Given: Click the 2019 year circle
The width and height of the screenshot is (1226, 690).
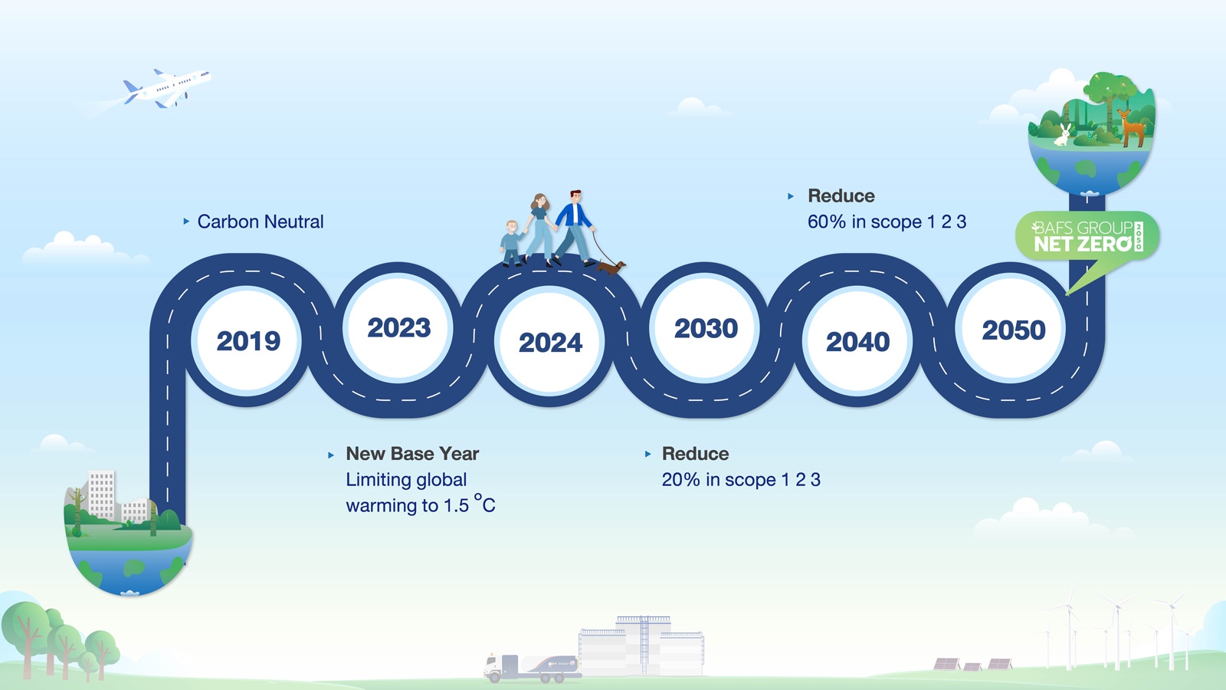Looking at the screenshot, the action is [247, 340].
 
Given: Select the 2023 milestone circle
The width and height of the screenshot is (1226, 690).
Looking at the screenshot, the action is [398, 327].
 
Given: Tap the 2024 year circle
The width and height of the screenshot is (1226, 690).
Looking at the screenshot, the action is [550, 340].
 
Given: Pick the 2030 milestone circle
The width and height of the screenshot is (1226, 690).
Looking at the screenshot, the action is [706, 327].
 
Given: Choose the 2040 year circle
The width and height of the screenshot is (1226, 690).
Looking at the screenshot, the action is [857, 340].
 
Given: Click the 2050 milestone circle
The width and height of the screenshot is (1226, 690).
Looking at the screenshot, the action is [1012, 328].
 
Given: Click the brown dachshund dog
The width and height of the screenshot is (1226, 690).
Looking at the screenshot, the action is [611, 268].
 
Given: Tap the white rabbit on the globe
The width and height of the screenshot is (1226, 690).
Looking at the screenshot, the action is [1064, 135].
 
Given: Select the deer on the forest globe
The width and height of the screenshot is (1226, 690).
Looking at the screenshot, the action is [1132, 128].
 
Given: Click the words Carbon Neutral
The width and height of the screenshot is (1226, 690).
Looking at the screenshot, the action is [261, 222].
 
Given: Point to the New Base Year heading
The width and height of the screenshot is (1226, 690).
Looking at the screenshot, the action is [412, 453].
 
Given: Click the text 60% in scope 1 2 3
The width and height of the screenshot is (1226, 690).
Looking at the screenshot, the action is [887, 222].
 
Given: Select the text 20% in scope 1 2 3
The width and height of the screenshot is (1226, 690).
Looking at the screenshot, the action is [741, 480].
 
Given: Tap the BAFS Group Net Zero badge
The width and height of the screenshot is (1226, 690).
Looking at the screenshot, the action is [1087, 237].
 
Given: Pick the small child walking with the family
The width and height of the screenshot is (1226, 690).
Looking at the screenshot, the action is [511, 243].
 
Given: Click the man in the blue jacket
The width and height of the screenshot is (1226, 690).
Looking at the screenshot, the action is [574, 227].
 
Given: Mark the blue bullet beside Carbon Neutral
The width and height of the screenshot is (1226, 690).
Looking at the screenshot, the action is [186, 222].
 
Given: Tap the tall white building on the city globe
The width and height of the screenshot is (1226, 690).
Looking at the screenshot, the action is [101, 495].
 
